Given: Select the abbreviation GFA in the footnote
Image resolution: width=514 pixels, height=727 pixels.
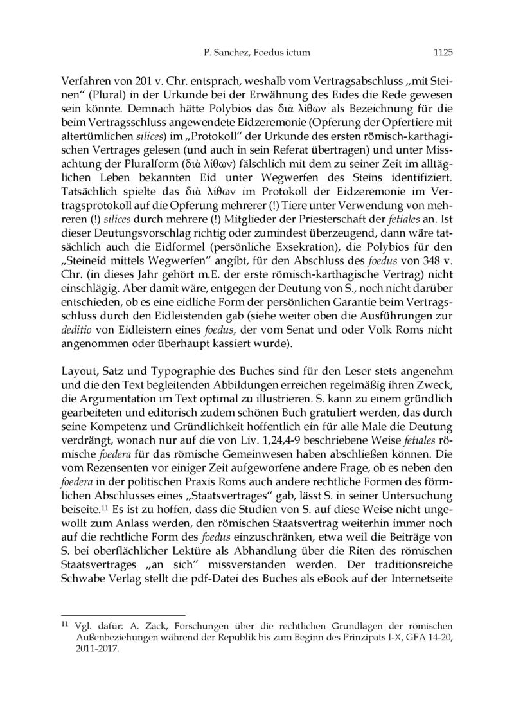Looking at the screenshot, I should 414,637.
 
